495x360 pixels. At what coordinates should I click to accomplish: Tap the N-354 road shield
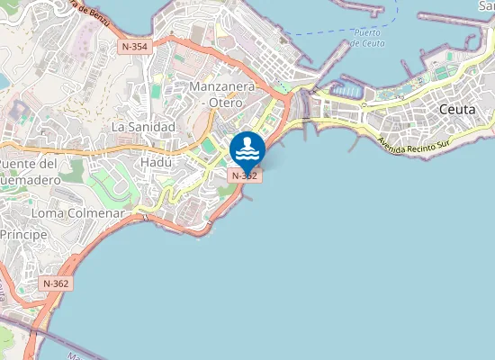point(133,45)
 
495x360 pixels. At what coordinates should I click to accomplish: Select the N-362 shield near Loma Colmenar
point(56,283)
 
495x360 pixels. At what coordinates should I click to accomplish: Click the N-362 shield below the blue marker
point(246,176)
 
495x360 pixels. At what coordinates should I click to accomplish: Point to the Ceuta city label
point(457,109)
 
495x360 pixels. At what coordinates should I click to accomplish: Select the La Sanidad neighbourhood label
point(142,128)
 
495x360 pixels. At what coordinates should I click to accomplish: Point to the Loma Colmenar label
point(76,213)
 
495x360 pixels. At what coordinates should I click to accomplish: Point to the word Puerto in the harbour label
point(366,32)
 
